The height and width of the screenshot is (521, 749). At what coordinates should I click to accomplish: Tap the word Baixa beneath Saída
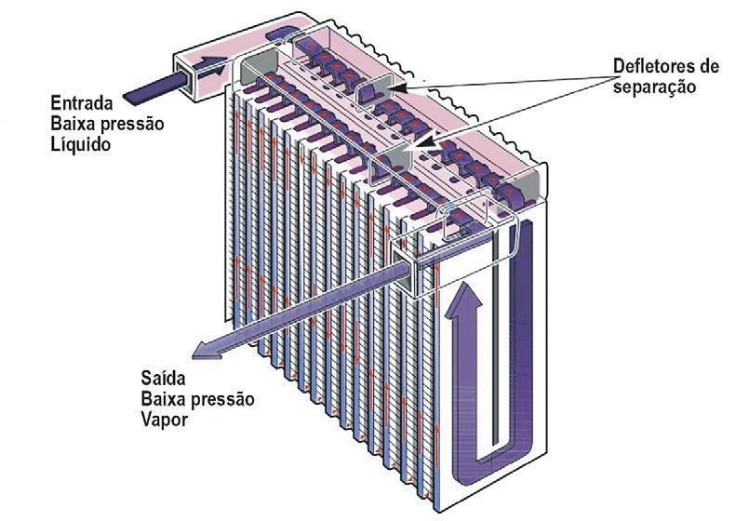click(x=162, y=400)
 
